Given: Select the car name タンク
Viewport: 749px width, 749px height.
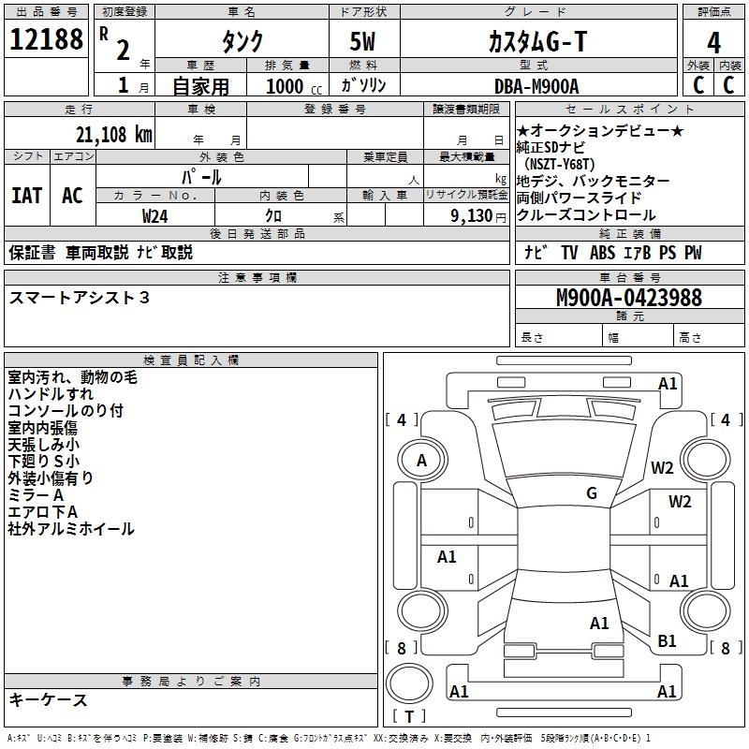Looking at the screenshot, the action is [242, 42].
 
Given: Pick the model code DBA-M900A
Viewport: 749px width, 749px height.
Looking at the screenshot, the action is [536, 86].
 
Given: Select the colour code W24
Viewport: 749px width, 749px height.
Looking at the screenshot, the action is [156, 215].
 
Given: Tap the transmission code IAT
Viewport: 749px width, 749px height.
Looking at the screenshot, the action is [26, 196].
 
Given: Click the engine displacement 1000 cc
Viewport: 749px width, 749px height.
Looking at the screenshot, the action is [291, 86].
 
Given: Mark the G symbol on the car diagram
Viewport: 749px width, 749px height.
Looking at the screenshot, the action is [592, 493].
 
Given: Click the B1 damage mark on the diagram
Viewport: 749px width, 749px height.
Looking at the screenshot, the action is [667, 641].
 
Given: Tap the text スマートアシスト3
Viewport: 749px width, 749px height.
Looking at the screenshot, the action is [79, 298].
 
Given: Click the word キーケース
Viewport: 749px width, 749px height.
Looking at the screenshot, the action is [48, 699].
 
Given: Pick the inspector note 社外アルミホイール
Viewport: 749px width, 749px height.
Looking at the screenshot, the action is [71, 529].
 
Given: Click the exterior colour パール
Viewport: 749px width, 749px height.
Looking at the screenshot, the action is [201, 177].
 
